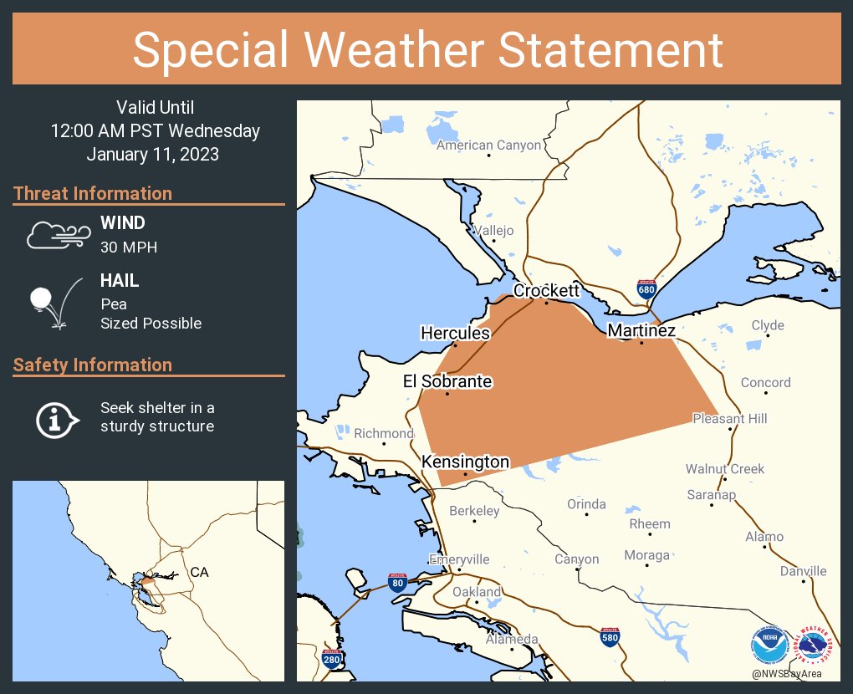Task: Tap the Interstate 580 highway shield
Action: pos(610,638)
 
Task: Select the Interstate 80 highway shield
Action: pos(397,583)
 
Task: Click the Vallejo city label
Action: pos(493,231)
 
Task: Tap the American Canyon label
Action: pos(488,145)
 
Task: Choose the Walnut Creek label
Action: pos(724,469)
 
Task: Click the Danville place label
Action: pos(803,571)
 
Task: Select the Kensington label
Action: pos(465,462)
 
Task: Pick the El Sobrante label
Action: pos(447,381)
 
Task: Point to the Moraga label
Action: pos(646,555)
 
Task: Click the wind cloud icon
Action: pos(57,235)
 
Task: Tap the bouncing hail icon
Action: pos(55,300)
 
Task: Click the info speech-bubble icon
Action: pos(57,418)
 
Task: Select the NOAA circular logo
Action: pos(769,645)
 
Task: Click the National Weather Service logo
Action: pos(816,645)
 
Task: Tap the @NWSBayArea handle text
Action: pos(786,674)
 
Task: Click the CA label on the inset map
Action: pos(199,572)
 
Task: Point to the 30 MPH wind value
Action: pos(129,247)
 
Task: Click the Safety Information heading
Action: pos(93,365)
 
